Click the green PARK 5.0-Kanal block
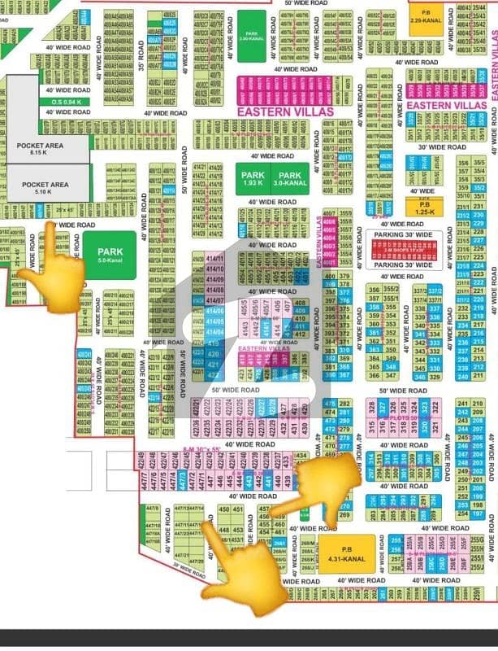109,256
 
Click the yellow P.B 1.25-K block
424,208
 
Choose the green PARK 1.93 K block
250,179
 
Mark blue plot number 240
464,376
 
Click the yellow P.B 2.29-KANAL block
425,19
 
